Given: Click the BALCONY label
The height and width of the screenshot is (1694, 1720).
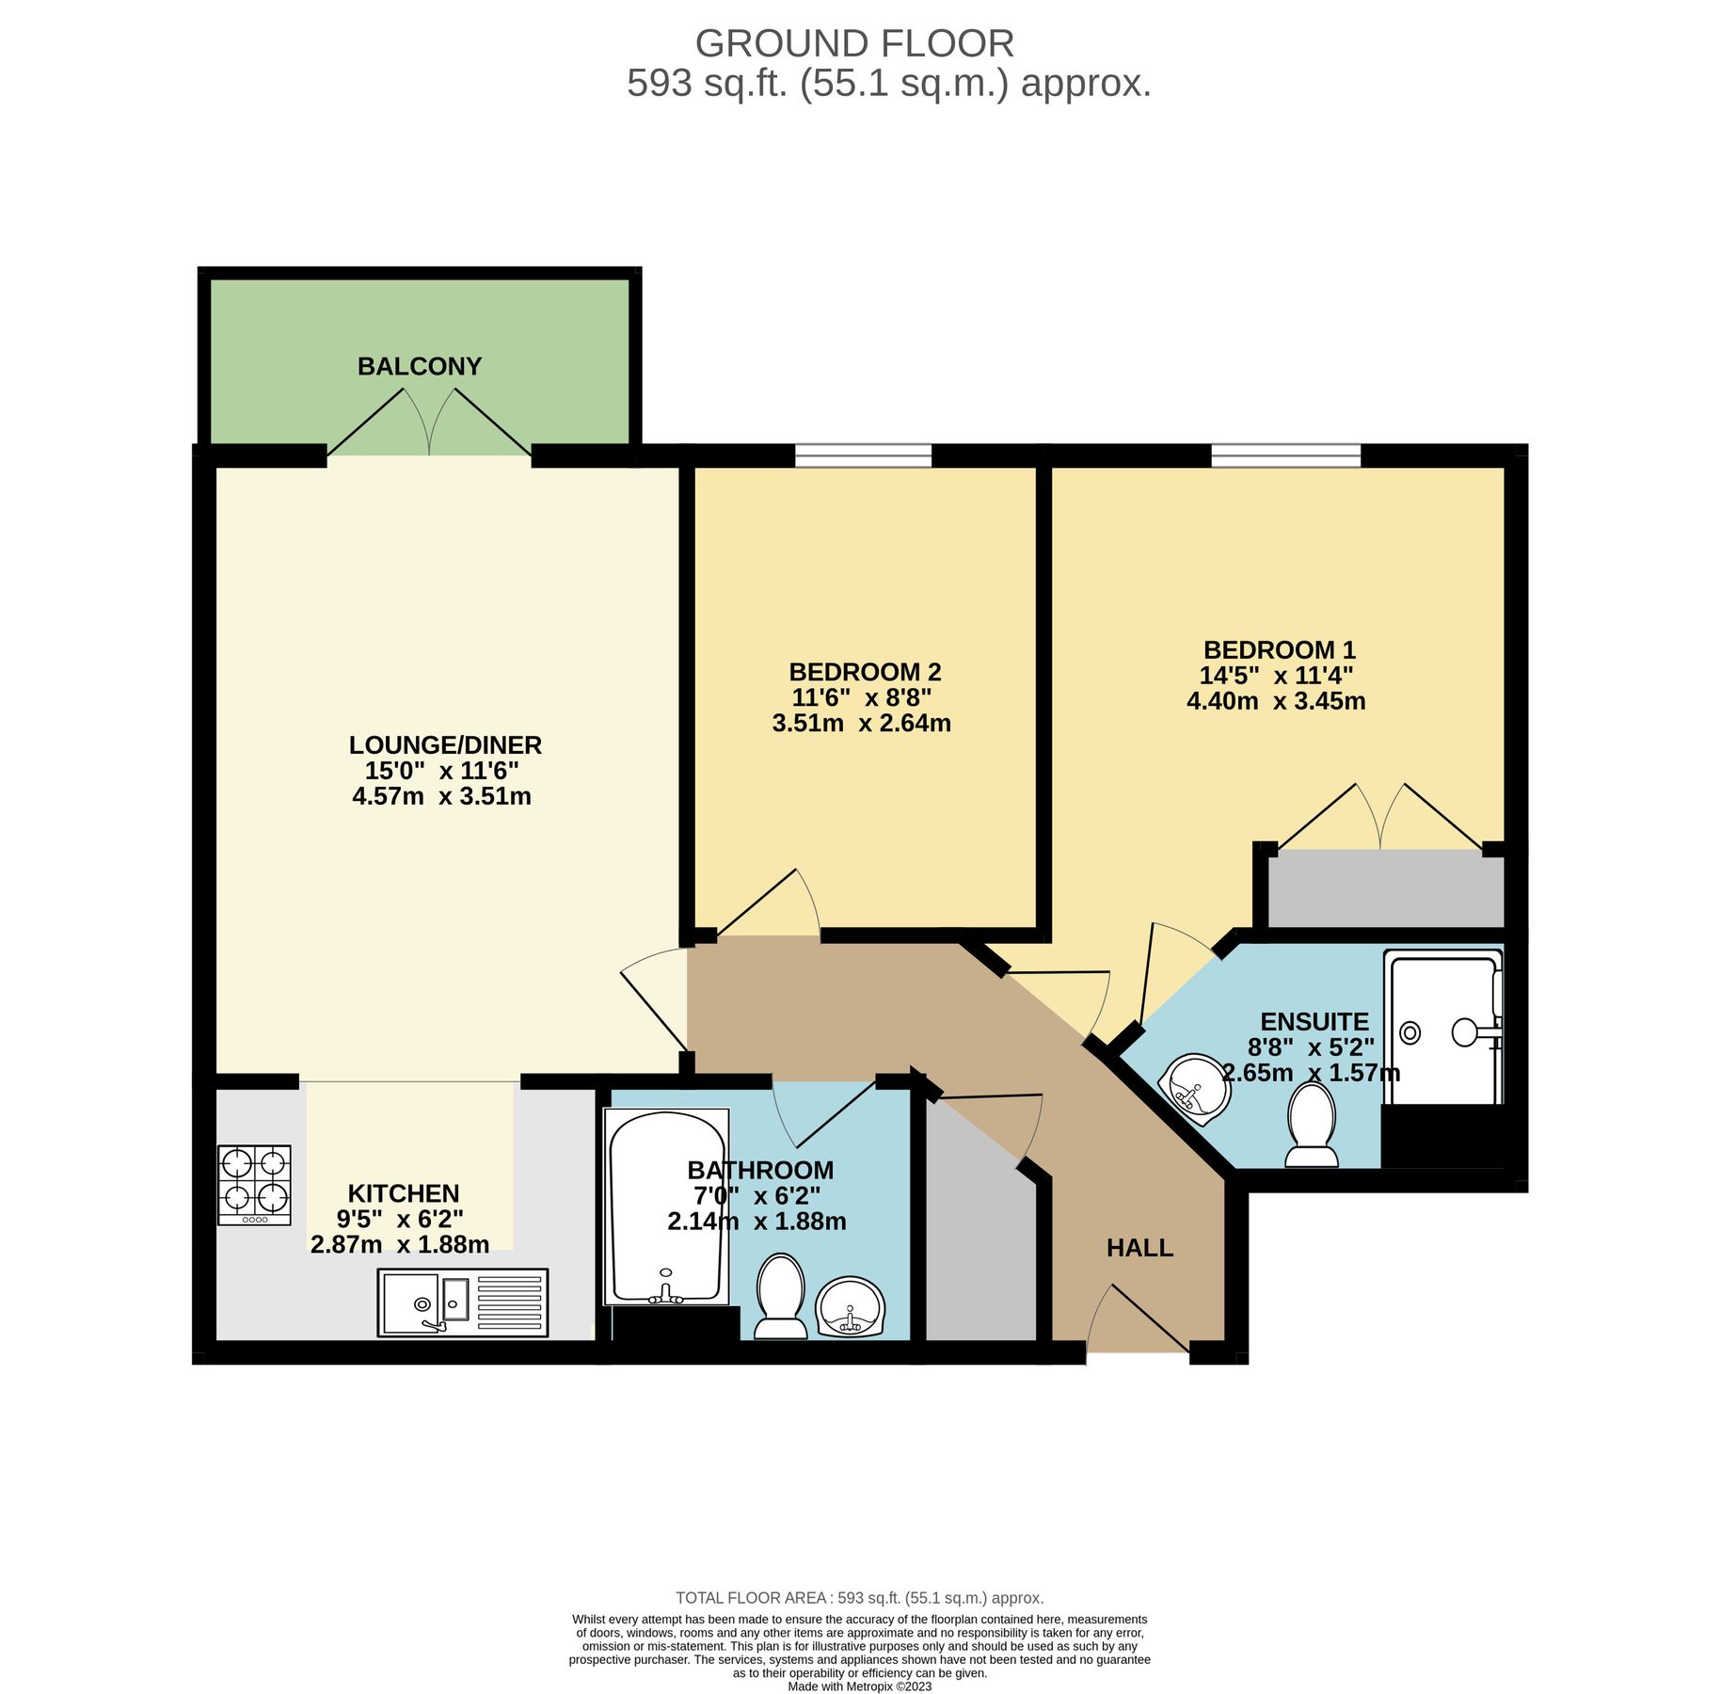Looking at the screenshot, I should (419, 366).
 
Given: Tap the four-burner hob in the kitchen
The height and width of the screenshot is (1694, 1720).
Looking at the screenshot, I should (254, 1184).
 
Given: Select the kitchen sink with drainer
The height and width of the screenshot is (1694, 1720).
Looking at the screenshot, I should (462, 1302).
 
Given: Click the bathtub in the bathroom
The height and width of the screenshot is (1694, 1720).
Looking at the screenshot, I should (666, 1207).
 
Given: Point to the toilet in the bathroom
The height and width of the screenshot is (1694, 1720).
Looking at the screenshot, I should (780, 1295).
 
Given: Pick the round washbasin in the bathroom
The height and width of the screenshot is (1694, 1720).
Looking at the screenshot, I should (851, 1306).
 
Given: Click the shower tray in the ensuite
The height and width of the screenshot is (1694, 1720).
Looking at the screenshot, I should (1442, 1030).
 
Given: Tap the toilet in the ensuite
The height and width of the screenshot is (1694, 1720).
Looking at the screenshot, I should (1312, 1125).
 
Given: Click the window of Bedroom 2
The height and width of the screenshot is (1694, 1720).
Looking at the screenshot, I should (863, 456).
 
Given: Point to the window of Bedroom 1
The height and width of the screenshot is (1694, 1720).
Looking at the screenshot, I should (1285, 456).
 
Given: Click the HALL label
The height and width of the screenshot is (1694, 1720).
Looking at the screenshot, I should (1139, 1248).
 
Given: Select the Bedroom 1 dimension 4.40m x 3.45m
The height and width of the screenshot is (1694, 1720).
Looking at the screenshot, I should (1276, 701).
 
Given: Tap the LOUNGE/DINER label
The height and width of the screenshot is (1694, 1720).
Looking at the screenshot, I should (445, 745).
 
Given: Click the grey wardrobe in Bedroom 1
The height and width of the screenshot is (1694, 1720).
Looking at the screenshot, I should (1384, 888).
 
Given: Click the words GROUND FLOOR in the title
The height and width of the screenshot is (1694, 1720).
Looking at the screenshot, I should (854, 44).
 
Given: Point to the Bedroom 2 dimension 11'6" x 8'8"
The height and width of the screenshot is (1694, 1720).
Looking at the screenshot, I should (861, 698).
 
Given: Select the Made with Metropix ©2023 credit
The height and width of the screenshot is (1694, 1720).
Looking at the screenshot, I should (859, 1686).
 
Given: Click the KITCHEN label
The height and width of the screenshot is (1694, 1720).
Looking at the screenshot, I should (404, 1193).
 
